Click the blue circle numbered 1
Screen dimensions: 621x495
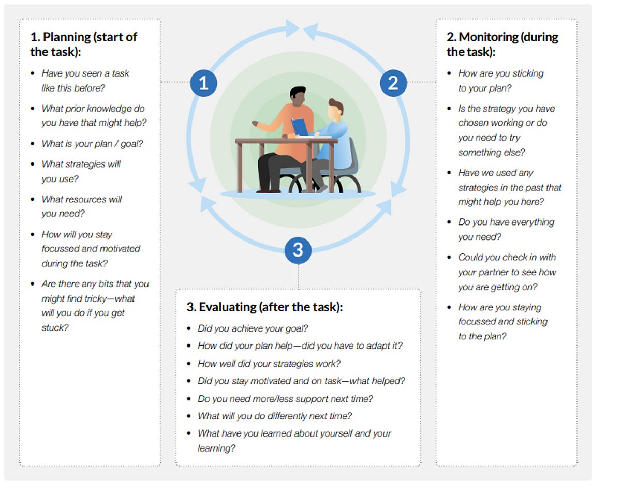pos(203,83)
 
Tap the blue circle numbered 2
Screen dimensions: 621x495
pos(393,83)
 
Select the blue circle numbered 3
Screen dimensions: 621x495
pos(298,250)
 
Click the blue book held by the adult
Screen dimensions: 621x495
pos(299,126)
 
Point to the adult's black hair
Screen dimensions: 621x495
pos(297,92)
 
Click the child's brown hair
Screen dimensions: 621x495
pos(336,105)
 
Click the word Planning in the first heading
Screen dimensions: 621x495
pos(67,37)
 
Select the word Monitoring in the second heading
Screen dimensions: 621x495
pos(489,37)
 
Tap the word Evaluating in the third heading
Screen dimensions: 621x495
pos(228,307)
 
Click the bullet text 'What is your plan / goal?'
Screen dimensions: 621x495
pos(92,144)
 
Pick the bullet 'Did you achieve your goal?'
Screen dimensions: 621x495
pos(253,328)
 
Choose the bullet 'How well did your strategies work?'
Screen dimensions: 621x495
pos(269,364)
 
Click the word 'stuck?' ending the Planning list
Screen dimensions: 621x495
pos(55,328)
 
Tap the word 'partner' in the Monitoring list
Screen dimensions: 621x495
pos(492,272)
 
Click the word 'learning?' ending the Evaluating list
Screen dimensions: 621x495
pos(216,448)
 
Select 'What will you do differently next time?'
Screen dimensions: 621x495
pos(275,416)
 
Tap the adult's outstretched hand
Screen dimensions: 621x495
pos(255,123)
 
